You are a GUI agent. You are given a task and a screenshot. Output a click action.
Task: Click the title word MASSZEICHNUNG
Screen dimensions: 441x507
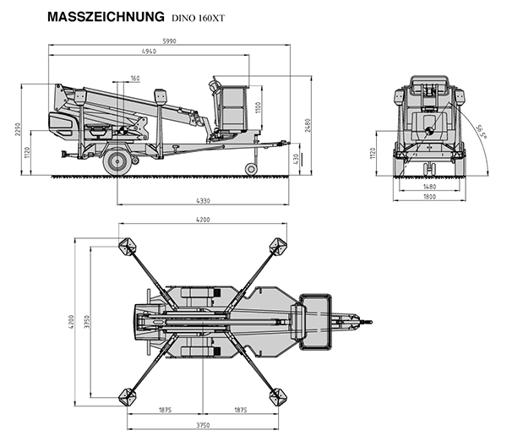[x=106, y=16]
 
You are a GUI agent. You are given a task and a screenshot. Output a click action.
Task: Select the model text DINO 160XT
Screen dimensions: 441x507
[x=199, y=17]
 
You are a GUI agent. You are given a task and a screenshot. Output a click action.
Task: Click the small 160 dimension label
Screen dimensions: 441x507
[x=135, y=79]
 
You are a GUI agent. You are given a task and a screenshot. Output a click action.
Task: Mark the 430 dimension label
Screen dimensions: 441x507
[x=296, y=158]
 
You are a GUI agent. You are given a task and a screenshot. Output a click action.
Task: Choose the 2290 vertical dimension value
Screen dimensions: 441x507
[x=15, y=128]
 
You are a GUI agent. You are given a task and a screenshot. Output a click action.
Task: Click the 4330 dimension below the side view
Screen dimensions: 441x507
[x=202, y=199]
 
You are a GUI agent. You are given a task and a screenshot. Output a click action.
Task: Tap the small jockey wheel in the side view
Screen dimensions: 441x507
[x=251, y=169]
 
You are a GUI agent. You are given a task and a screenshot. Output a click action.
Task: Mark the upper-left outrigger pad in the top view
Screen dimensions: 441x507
[x=128, y=247]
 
